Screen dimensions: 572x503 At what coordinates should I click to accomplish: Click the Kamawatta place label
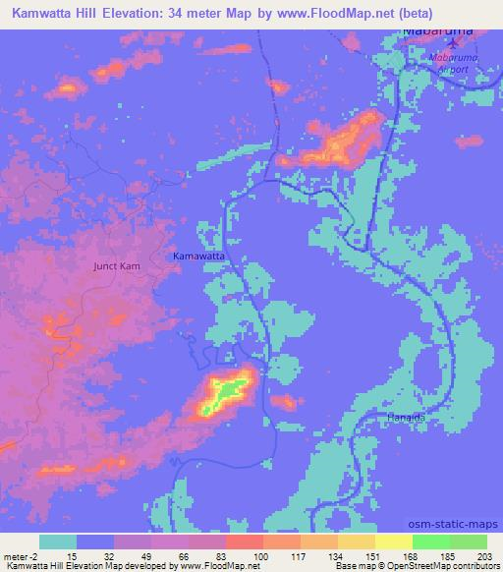pyautogui.click(x=200, y=256)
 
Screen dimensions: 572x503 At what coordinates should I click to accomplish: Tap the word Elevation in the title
pyautogui.click(x=140, y=13)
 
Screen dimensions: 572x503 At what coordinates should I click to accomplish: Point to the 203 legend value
pyautogui.click(x=477, y=556)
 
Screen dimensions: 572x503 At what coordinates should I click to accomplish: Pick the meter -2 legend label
pyautogui.click(x=23, y=556)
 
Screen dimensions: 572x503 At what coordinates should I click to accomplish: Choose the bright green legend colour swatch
pyautogui.click(x=431, y=543)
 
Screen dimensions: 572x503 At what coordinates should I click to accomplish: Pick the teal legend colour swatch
pyautogui.click(x=58, y=543)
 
